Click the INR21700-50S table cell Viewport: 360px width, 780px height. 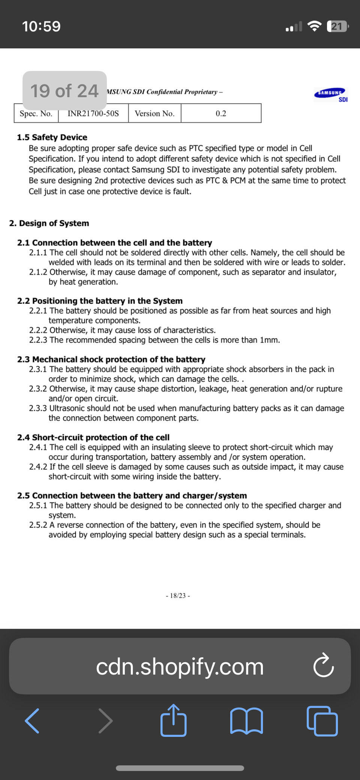coord(93,113)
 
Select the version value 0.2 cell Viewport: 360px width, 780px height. coord(221,113)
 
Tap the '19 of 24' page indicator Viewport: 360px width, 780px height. coord(64,91)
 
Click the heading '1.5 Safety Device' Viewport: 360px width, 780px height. coord(52,137)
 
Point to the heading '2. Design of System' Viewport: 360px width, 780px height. coord(49,223)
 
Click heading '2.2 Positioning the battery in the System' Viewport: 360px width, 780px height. coord(100,301)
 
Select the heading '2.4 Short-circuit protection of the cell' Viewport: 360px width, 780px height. coord(93,437)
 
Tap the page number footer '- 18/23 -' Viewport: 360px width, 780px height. coord(178,596)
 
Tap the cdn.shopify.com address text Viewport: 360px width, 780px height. coord(180,667)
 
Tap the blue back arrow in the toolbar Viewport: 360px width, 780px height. coord(32,721)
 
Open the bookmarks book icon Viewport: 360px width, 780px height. coord(246,721)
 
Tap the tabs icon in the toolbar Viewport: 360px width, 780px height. coord(322,721)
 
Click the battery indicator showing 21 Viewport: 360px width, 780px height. coord(337,26)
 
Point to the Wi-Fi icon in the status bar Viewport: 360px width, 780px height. coord(314,26)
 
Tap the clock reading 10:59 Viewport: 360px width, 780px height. coord(41,26)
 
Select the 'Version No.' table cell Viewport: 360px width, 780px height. coord(154,113)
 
